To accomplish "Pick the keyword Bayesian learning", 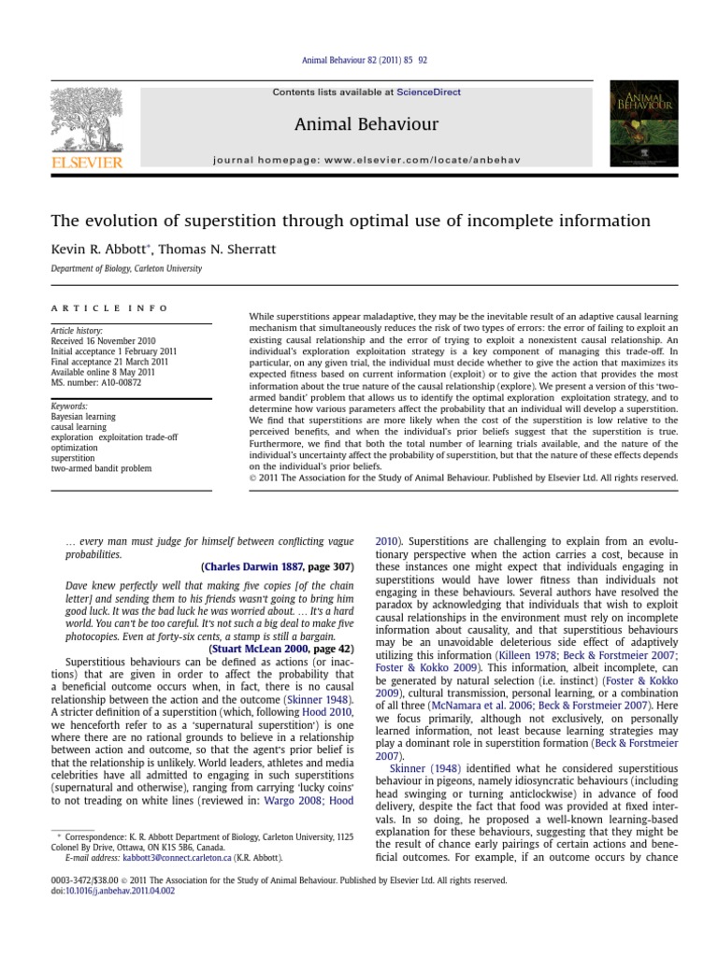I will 84,417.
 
